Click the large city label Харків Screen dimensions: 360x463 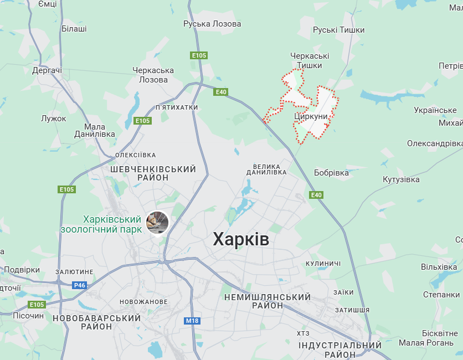coord(241,240)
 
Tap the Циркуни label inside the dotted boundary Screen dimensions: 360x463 coord(311,117)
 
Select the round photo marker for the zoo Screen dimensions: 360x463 coord(157,223)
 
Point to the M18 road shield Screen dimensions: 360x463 coord(192,321)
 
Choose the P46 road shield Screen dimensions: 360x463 coord(79,285)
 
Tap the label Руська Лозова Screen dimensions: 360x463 coord(212,24)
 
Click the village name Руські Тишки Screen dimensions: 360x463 coord(339,30)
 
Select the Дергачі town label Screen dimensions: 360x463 coord(47,70)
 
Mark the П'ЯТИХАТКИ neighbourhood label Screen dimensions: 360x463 coord(177,107)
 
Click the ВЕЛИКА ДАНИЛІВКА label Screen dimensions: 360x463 coord(270,169)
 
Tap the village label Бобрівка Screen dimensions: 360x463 coord(331,173)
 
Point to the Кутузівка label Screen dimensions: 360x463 coord(401,179)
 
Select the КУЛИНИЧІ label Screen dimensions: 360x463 coord(323,263)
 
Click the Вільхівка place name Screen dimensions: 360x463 coord(439,267)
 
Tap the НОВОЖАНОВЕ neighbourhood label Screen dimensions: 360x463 coord(143,302)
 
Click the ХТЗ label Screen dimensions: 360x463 coord(303,333)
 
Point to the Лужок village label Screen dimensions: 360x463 coord(54,119)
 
